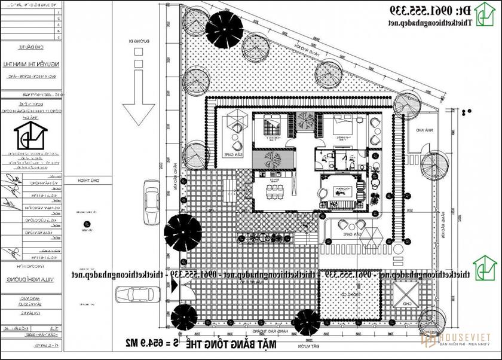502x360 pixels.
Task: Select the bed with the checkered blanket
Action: (x=342, y=126)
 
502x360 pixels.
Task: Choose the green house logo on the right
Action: (x=482, y=266)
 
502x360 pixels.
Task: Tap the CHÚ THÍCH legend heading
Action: (x=87, y=181)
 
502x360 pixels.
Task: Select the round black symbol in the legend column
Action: (x=87, y=225)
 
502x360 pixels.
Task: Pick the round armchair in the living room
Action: (x=321, y=192)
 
